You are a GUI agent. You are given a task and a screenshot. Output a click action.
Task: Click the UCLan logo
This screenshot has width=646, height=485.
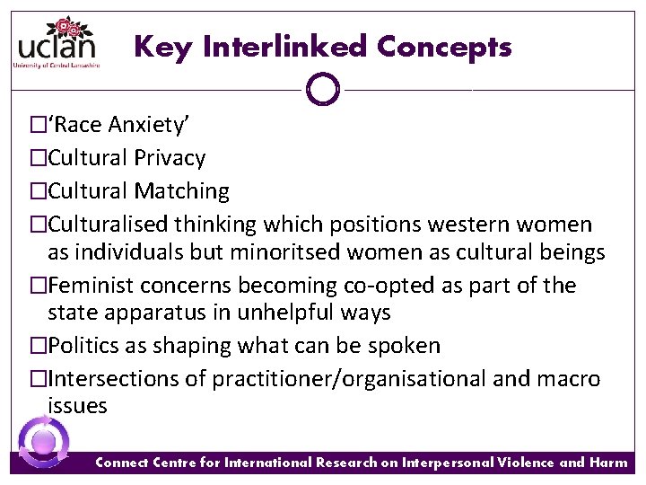pyautogui.click(x=56, y=42)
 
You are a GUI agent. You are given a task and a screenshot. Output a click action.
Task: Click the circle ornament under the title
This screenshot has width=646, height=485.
pyautogui.click(x=322, y=89)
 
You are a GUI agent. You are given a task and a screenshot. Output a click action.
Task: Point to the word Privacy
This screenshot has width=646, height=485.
pyautogui.click(x=170, y=158)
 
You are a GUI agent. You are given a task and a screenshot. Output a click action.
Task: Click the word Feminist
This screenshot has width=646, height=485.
pyautogui.click(x=88, y=286)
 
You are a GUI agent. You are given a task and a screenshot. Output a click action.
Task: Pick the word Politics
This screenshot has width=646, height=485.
pyautogui.click(x=84, y=346)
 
